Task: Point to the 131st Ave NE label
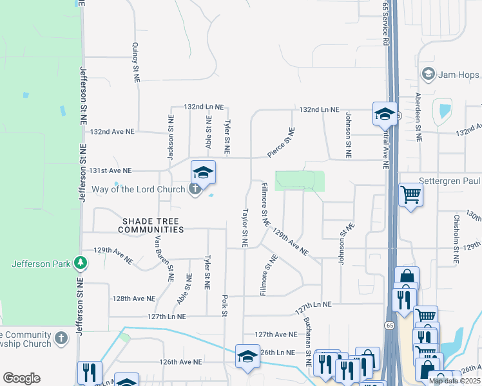[110, 170]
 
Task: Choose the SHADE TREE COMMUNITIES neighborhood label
[151, 225]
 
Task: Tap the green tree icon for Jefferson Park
[80, 262]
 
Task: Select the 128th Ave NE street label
[134, 299]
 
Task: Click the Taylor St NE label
[245, 227]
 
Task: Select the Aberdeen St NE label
[418, 116]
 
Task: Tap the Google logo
[21, 378]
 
